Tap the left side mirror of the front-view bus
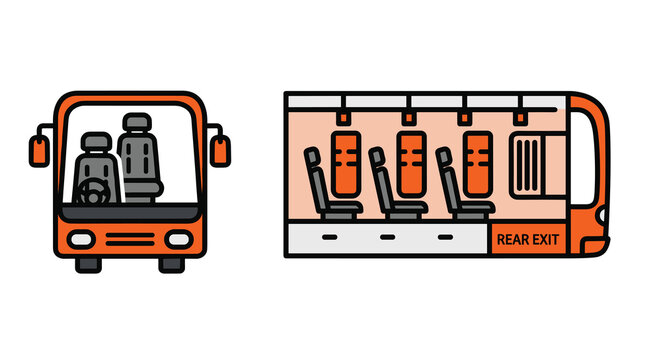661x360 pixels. click(x=38, y=151)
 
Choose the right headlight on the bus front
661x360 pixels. click(x=177, y=240)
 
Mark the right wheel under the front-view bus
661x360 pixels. click(x=172, y=264)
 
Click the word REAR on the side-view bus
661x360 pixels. click(x=514, y=240)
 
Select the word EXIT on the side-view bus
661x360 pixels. click(x=547, y=240)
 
